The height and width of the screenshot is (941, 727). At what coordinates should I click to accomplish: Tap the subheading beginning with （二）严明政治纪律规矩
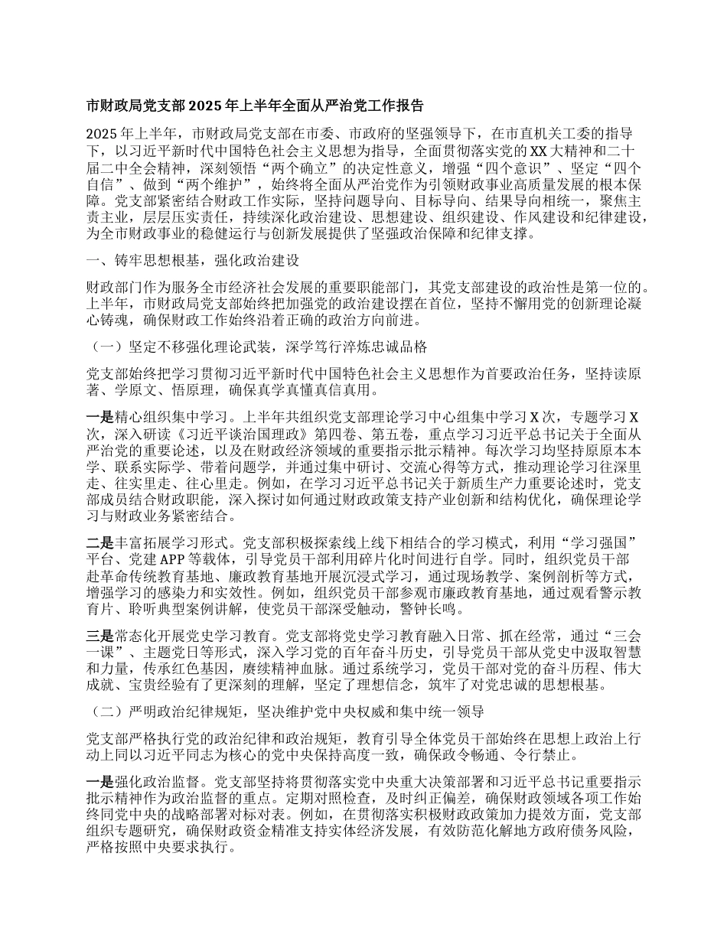tap(286, 712)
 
